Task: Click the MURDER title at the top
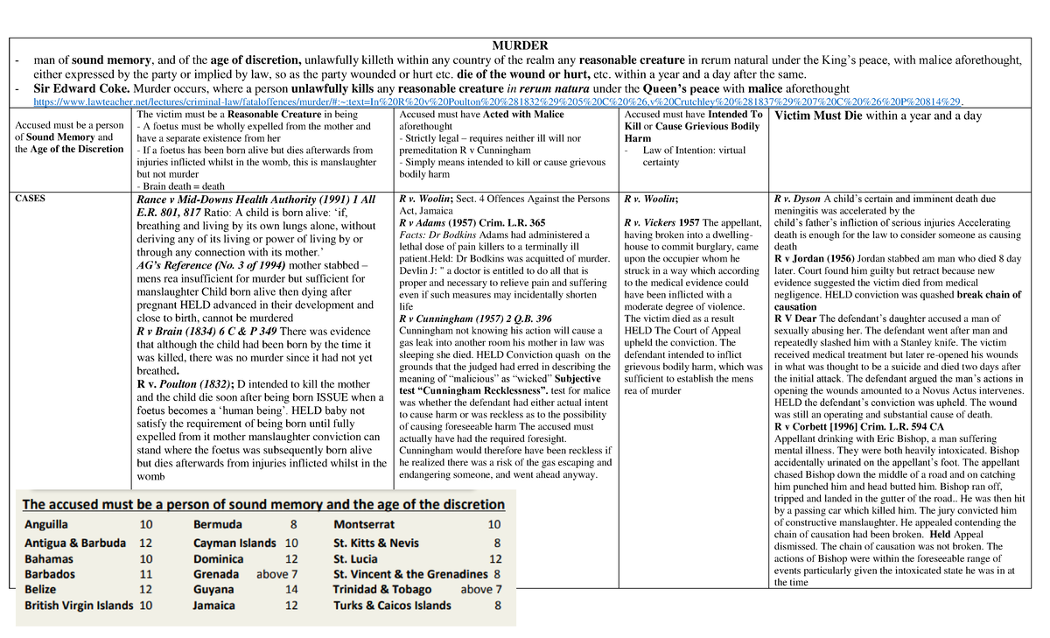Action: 519,46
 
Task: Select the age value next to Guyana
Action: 291,590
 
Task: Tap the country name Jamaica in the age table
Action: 214,606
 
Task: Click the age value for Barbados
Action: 146,574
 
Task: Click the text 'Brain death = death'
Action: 182,186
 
